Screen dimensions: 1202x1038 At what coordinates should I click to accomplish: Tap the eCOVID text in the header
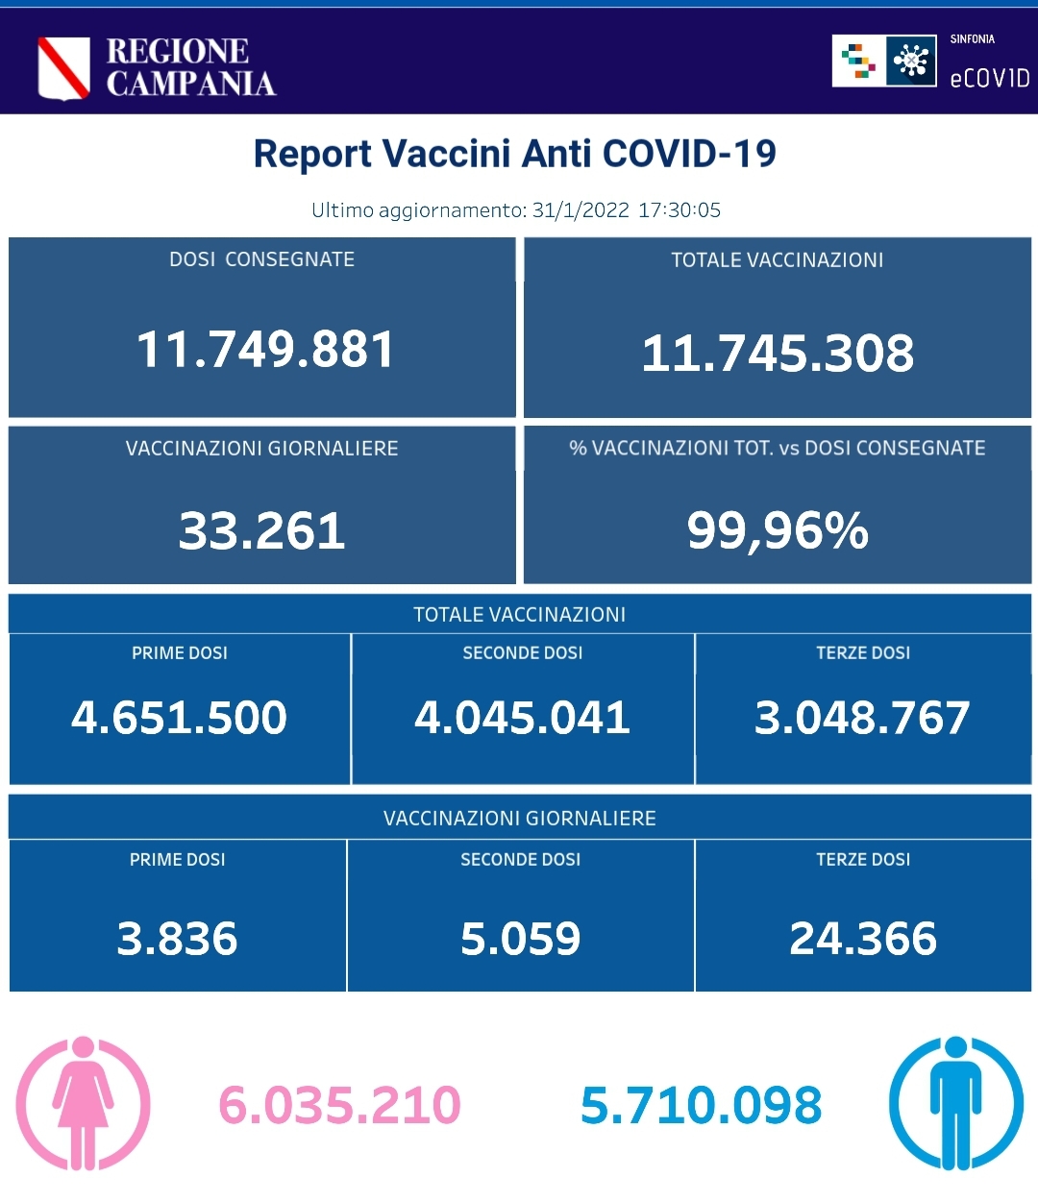click(x=989, y=78)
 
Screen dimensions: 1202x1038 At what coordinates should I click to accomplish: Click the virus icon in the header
click(x=910, y=61)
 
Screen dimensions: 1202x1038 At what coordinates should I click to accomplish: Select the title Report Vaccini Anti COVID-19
click(x=514, y=154)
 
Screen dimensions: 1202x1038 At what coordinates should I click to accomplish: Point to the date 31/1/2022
click(x=581, y=210)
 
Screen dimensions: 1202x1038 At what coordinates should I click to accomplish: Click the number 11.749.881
click(x=265, y=349)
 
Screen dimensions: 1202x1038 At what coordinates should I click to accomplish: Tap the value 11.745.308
click(x=778, y=353)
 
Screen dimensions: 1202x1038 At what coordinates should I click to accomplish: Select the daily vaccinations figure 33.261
click(x=262, y=530)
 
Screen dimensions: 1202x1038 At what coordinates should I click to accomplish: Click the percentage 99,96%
click(x=778, y=530)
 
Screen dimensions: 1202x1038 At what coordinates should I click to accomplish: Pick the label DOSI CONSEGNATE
click(x=261, y=259)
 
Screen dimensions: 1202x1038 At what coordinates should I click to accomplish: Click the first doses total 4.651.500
click(x=180, y=718)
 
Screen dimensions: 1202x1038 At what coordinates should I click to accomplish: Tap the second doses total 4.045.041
click(x=522, y=718)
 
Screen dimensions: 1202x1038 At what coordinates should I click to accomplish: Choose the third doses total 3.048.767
click(x=862, y=718)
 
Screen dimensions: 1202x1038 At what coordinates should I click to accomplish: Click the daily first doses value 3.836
click(x=177, y=939)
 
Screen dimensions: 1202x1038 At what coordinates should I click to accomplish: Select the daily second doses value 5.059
click(x=520, y=939)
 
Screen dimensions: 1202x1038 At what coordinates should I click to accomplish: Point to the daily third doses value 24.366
click(x=863, y=939)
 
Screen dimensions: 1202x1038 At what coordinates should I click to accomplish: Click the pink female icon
click(x=84, y=1103)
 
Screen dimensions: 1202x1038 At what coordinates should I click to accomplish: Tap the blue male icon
click(x=955, y=1103)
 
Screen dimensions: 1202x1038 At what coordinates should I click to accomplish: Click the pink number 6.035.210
click(x=340, y=1105)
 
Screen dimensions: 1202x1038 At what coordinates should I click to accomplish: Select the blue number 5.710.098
click(x=702, y=1105)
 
